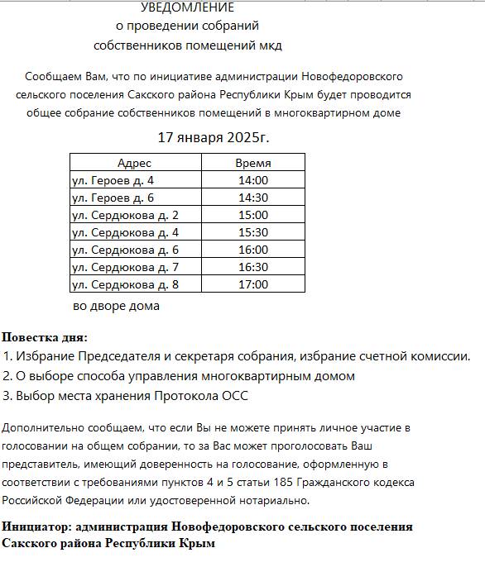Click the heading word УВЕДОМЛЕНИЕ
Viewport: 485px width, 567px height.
(x=188, y=7)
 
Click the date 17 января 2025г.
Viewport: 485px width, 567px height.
(x=214, y=136)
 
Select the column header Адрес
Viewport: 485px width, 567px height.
(x=134, y=163)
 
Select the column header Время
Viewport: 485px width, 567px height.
(x=252, y=163)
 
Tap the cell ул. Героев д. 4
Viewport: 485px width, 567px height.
(x=113, y=180)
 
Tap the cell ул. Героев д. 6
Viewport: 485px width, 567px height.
(x=113, y=198)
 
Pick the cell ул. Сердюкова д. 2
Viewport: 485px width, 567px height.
(x=125, y=215)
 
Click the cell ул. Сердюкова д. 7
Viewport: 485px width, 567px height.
(x=125, y=267)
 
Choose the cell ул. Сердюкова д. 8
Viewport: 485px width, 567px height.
(x=125, y=284)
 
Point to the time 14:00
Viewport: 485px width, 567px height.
(x=252, y=180)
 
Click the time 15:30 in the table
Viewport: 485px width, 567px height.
(x=252, y=232)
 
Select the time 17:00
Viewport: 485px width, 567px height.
(x=252, y=284)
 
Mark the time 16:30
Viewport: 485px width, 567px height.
(x=252, y=267)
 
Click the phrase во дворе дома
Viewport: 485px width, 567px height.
(x=116, y=306)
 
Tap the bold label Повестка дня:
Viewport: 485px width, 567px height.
(x=44, y=337)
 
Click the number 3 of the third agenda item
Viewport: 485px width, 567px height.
(x=6, y=396)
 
